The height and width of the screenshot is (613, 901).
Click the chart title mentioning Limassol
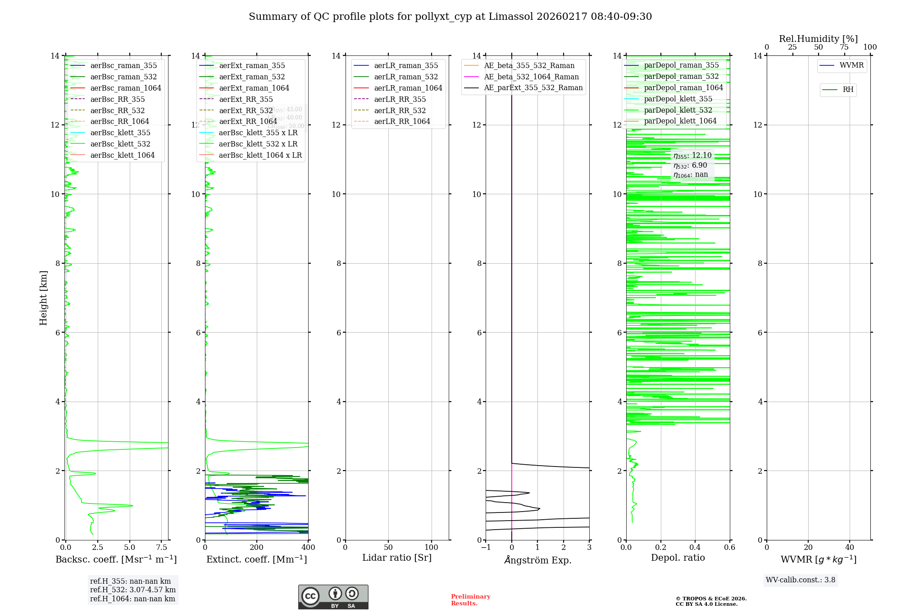point(450,17)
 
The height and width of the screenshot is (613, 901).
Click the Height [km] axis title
point(43,297)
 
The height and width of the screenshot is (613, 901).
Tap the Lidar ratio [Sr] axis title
point(397,558)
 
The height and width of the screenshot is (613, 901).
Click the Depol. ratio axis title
point(678,558)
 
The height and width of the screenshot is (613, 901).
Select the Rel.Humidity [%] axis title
point(818,39)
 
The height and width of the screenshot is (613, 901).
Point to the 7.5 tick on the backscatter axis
point(162,548)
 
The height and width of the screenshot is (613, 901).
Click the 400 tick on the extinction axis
point(308,548)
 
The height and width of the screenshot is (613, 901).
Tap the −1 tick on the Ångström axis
point(486,548)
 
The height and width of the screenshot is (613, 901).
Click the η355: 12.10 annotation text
point(692,156)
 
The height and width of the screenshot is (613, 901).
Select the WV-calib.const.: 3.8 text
point(800,580)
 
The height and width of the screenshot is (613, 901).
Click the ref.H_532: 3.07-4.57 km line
point(133,590)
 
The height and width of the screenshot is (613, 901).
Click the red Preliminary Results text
point(470,600)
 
